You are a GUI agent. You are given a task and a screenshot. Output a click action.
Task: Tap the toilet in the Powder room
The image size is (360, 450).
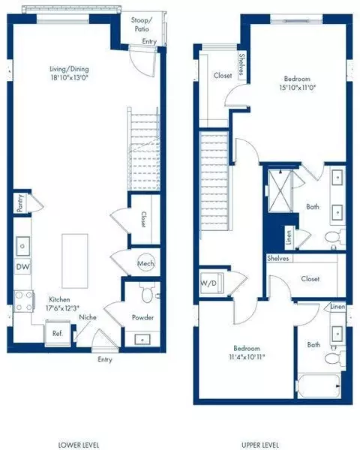[x=145, y=293]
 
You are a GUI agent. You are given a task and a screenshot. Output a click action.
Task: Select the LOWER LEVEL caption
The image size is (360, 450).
[x=79, y=444]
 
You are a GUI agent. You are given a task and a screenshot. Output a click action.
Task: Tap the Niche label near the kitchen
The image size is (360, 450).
[x=88, y=317]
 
